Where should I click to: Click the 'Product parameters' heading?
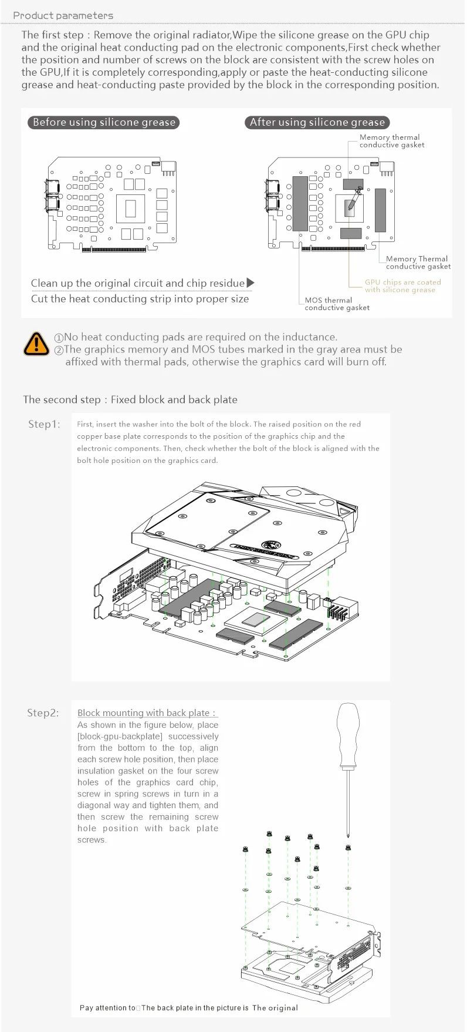point(63,15)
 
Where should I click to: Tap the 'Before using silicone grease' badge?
point(104,122)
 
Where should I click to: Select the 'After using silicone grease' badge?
point(317,122)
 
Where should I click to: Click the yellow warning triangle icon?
point(36,344)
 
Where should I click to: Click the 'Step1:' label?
point(44,424)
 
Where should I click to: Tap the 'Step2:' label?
point(43,712)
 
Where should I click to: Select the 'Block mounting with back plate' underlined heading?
point(147,712)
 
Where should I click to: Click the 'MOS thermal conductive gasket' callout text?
point(337,304)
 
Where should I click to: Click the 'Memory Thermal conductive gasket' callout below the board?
point(418,263)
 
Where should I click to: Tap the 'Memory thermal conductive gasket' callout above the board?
point(391,141)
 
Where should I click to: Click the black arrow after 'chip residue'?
point(251,283)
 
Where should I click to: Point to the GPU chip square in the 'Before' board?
point(131,207)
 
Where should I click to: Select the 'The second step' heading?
point(130,399)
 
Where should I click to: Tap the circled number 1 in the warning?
point(59,338)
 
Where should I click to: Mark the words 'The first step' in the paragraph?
point(52,35)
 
